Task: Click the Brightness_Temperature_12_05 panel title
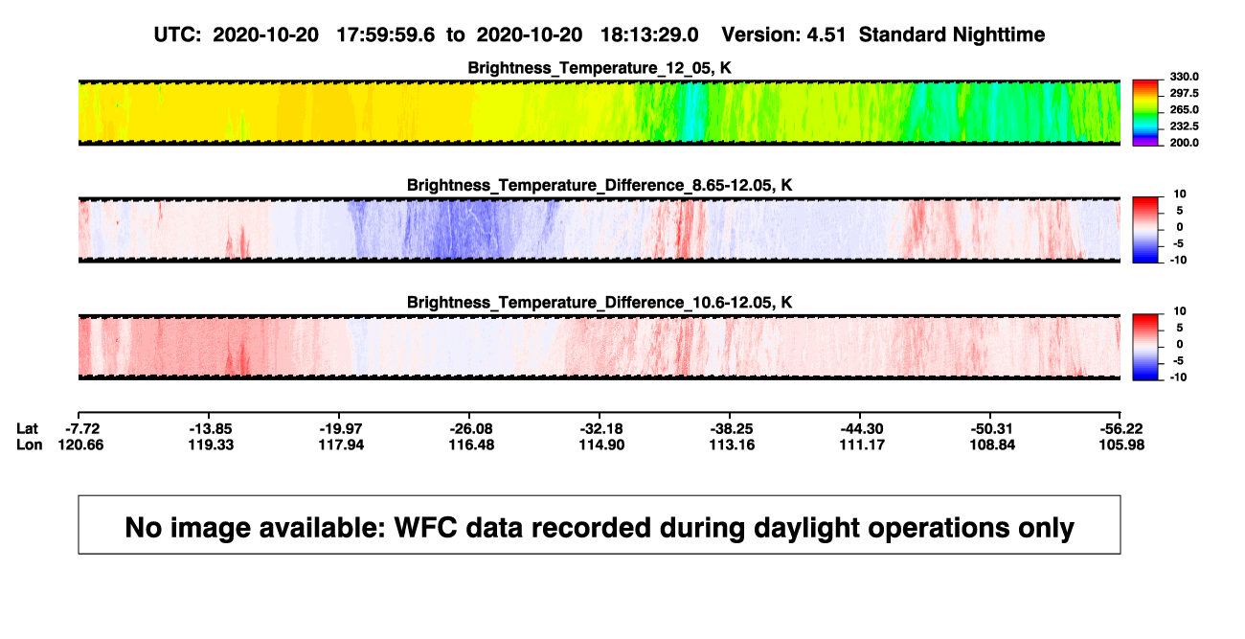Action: click(x=600, y=68)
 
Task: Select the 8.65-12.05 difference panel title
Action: click(x=600, y=185)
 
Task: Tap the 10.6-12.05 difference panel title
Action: click(x=600, y=303)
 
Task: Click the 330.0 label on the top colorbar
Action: click(x=1184, y=77)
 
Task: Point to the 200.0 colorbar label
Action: click(x=1184, y=143)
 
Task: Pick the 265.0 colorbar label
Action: click(x=1184, y=109)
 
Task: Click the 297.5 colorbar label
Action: click(x=1184, y=93)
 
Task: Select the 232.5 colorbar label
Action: click(x=1184, y=126)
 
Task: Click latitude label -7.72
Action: click(x=82, y=429)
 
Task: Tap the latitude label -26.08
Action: click(x=471, y=429)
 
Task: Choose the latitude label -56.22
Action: click(x=1121, y=429)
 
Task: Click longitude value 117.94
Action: click(x=341, y=445)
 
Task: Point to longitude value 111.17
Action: click(x=862, y=445)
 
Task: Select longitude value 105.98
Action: click(x=1121, y=445)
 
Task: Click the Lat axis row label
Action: click(x=27, y=429)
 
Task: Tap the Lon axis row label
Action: click(x=30, y=445)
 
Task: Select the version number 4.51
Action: click(x=826, y=35)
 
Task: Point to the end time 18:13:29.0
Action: click(x=649, y=35)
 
